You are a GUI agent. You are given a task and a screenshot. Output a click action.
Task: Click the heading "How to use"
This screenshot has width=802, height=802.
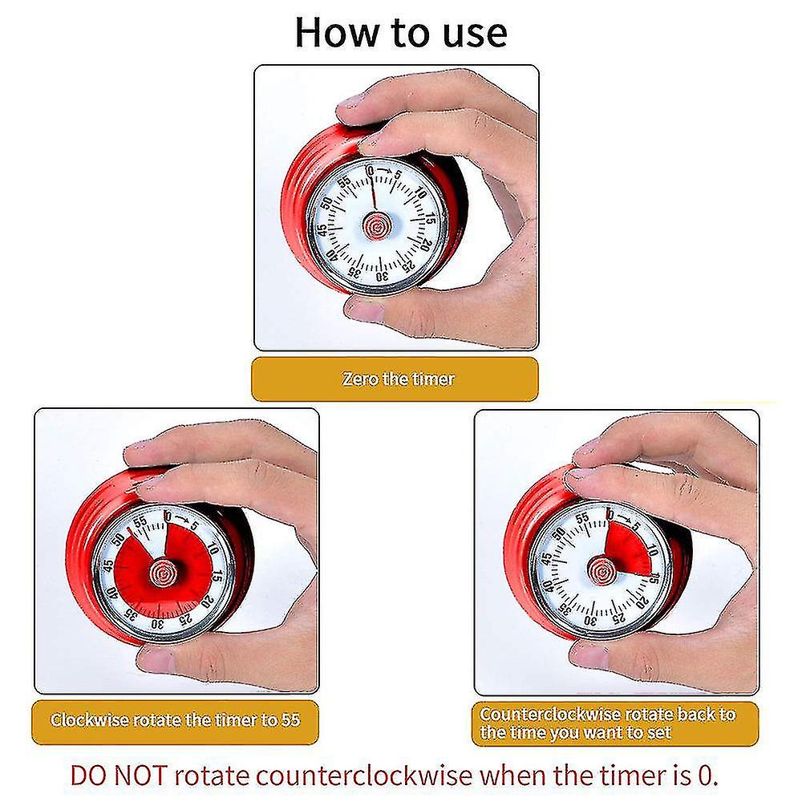tap(400, 33)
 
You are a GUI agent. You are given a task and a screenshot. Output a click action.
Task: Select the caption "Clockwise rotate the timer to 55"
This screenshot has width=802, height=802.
tap(176, 719)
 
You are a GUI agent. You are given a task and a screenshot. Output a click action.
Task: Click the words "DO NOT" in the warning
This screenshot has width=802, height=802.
tap(119, 776)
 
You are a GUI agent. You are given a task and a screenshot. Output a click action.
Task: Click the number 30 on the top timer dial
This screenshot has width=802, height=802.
tap(381, 276)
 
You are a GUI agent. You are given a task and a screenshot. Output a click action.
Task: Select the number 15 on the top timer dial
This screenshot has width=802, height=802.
tap(431, 218)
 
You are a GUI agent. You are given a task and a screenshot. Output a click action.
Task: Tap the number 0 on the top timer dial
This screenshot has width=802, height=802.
tap(370, 172)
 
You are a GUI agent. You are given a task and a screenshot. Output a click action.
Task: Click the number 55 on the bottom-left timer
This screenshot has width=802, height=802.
tap(140, 521)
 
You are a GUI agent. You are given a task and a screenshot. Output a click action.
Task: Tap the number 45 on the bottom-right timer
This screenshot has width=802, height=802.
tap(548, 559)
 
